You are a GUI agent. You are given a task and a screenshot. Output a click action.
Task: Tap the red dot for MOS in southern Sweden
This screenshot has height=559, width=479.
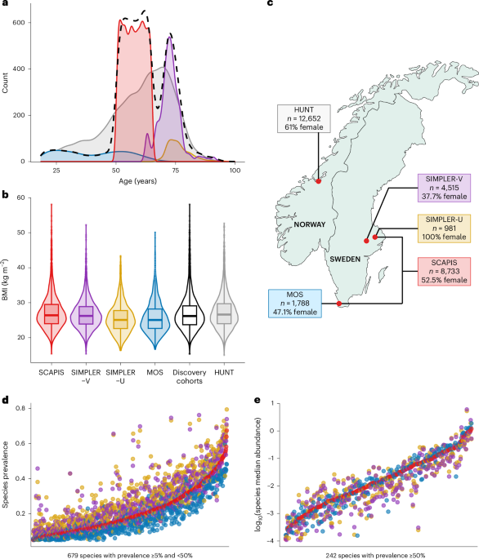point(339,304)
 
